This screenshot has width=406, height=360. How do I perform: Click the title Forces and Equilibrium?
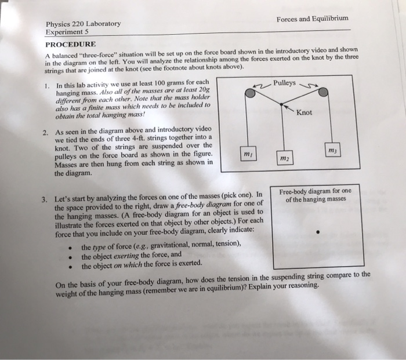312,19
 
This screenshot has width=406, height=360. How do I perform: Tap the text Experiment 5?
68,33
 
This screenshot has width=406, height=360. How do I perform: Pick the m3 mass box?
331,150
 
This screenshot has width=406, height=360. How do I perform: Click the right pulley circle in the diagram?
324,92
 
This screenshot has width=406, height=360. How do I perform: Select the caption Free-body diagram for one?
315,191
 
